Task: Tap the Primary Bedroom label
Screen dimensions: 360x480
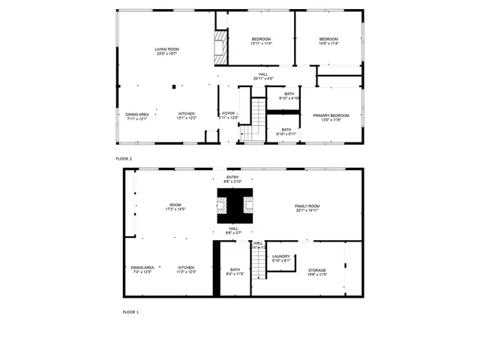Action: [x=331, y=117]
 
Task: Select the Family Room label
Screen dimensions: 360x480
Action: [x=307, y=208]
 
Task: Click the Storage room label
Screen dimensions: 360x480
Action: [x=317, y=271]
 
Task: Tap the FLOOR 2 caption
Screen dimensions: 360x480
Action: [x=124, y=159]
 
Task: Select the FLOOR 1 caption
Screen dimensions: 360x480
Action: [x=131, y=311]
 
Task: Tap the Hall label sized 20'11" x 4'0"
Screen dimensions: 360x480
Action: [x=263, y=76]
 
